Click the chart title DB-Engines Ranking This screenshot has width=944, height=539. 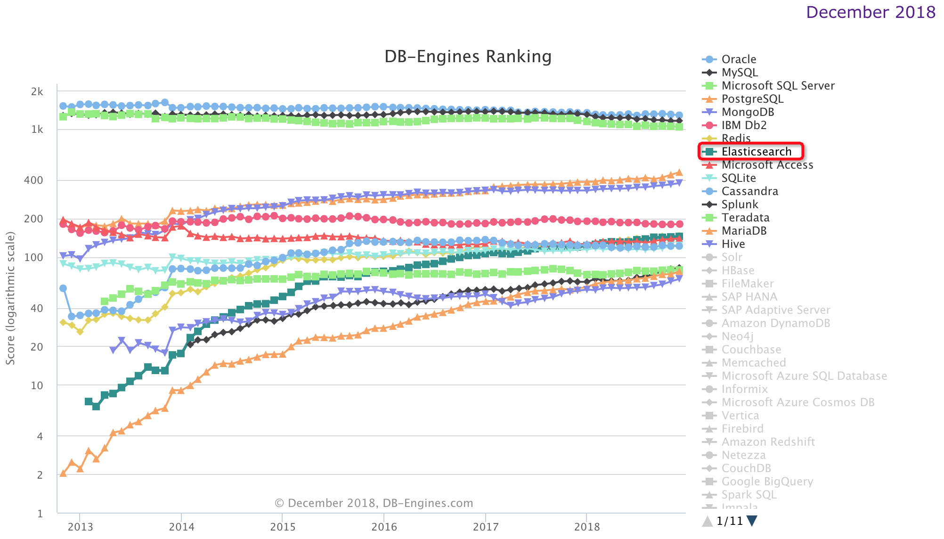468,57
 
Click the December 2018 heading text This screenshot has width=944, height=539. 871,12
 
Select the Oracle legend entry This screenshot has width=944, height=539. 738,59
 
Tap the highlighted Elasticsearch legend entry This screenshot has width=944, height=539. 756,152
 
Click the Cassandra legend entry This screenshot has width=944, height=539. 749,191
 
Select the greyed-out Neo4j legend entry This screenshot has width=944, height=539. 737,336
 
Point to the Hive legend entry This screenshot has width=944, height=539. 733,244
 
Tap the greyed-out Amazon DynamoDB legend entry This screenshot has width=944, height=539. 775,323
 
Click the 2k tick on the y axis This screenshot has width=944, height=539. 37,92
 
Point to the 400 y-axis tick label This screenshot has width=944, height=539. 33,180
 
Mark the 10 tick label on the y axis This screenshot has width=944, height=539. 37,385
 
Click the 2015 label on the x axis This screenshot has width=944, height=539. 283,527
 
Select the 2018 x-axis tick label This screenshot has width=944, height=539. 586,527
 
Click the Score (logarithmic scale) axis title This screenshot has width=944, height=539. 10,298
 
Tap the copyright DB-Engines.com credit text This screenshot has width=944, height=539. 374,503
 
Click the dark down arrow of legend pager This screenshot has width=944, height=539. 752,521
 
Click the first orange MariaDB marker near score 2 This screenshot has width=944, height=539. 63,473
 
